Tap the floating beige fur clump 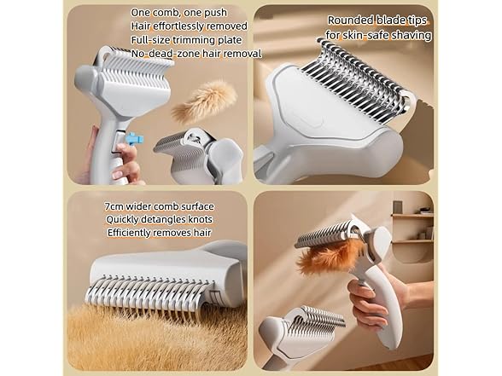pyautogui.click(x=202, y=101)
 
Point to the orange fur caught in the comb pyautogui.click(x=329, y=253)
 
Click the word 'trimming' pyautogui.click(x=201, y=40)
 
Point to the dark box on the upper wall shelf pyautogui.click(x=398, y=207)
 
